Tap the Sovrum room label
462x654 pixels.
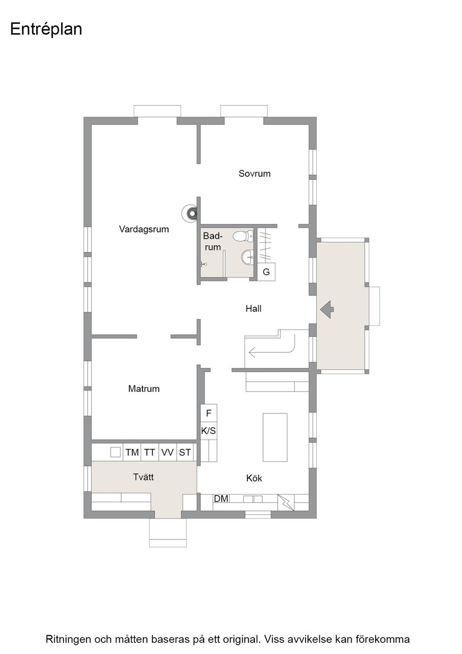click(254, 173)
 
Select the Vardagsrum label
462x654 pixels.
click(143, 229)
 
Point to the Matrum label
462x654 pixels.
click(143, 389)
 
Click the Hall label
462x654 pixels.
click(253, 309)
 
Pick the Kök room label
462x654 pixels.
click(254, 478)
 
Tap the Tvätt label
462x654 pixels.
click(143, 476)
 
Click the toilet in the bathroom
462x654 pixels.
click(243, 236)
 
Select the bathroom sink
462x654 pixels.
click(247, 257)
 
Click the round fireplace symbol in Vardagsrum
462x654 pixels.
click(190, 213)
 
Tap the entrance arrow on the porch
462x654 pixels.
click(327, 309)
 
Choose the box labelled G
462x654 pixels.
click(266, 272)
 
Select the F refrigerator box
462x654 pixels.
click(209, 413)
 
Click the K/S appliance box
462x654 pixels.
click(209, 431)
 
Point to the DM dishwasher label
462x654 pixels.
click(221, 499)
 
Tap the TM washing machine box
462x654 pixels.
click(132, 452)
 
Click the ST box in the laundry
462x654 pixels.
click(185, 452)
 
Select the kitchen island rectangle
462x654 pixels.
click(275, 437)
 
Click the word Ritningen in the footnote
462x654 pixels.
click(68, 639)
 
